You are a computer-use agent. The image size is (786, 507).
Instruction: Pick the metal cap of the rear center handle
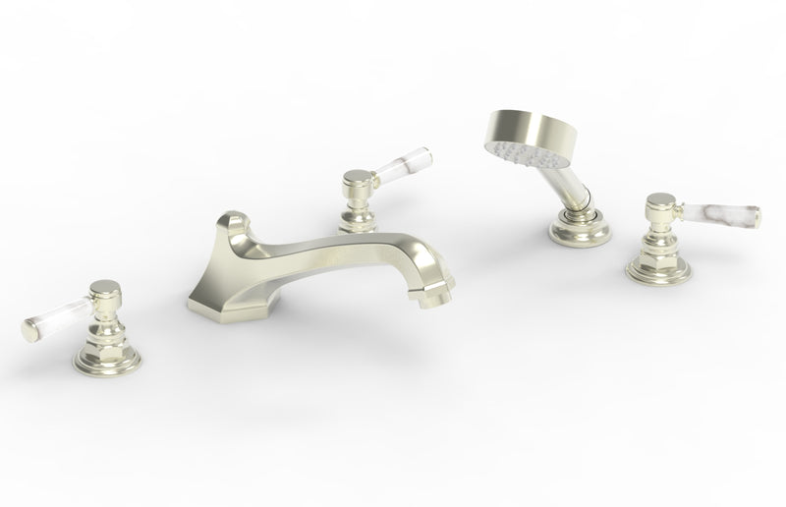click(355, 179)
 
